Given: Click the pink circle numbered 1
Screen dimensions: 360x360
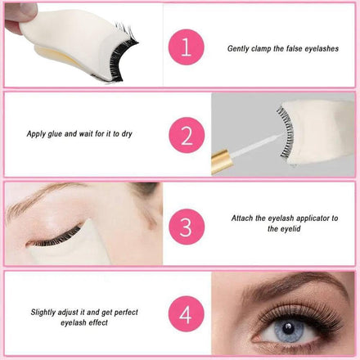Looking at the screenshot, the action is (187, 47).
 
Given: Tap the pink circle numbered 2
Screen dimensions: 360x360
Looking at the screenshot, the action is (187, 135).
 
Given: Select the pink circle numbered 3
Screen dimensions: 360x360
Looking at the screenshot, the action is (187, 227).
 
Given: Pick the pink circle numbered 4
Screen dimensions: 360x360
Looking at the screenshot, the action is (187, 314).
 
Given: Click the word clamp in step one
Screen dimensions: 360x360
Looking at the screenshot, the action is (261, 49).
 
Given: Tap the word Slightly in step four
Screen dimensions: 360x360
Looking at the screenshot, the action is (43, 313).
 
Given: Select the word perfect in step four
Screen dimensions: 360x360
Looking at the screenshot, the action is (126, 313).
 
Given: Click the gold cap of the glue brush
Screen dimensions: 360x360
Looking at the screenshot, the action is (223, 161).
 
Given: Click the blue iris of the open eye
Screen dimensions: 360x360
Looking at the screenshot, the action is (289, 329).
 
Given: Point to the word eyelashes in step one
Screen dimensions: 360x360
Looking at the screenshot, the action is (322, 49).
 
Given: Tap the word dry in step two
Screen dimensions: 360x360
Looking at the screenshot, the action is (127, 134).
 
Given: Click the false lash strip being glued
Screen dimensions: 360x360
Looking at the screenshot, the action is (286, 132).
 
